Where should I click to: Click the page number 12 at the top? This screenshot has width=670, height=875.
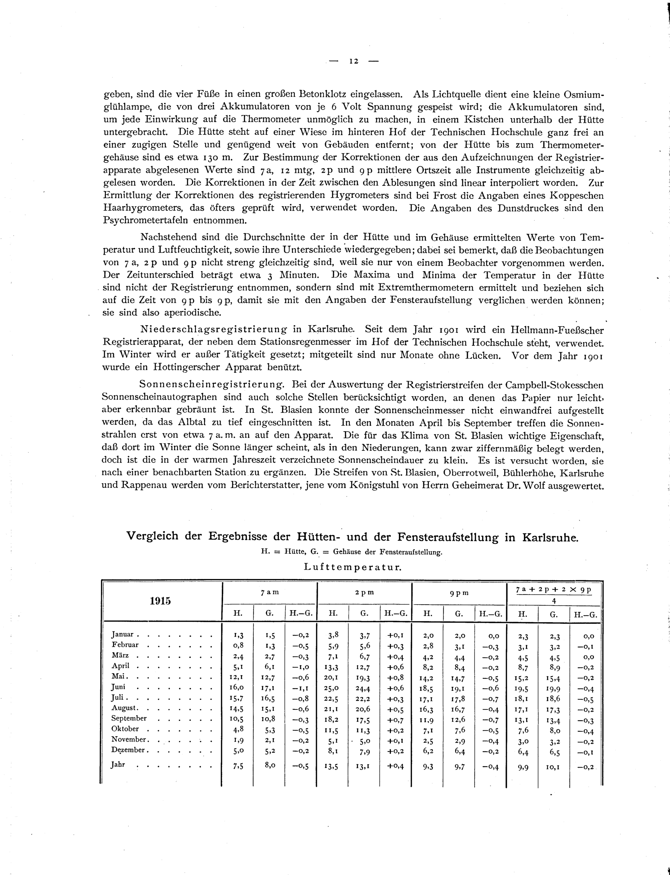(x=353, y=61)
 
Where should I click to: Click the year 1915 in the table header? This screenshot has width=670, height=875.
(x=160, y=601)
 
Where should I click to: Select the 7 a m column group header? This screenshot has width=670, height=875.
(x=270, y=593)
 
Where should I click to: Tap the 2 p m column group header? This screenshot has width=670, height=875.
(x=364, y=593)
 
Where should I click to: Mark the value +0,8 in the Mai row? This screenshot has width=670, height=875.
(x=395, y=678)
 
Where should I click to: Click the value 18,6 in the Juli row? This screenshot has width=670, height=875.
(x=553, y=699)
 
